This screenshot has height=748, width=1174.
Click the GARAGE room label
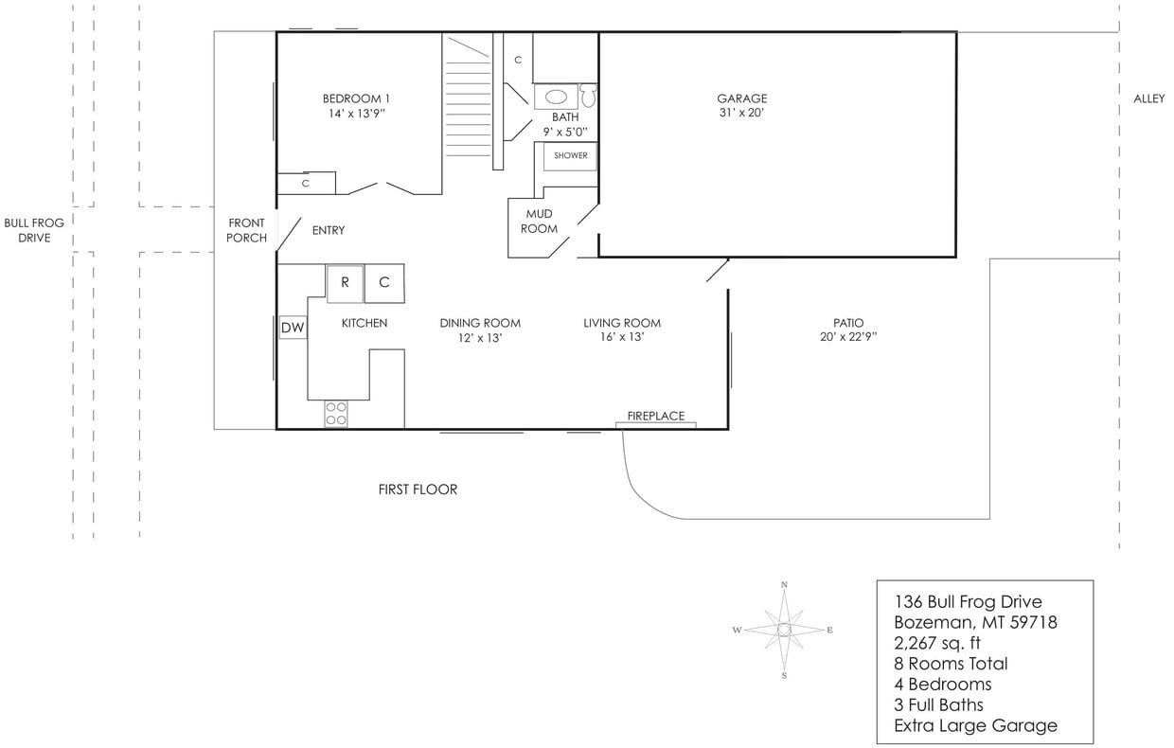(741, 98)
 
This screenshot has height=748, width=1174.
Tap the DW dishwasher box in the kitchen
(293, 328)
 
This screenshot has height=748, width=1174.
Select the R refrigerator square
(345, 282)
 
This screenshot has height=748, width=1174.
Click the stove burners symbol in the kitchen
(336, 413)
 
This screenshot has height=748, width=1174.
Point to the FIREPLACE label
(656, 417)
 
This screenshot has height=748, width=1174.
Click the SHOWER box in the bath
(570, 155)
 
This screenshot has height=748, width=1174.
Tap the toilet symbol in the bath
(589, 96)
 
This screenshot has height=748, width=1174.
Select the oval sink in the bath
(557, 97)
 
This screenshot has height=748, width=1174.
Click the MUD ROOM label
(539, 222)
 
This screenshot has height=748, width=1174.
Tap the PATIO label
(848, 323)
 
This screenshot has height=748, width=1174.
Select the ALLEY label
(1148, 98)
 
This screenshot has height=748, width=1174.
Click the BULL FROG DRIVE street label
(34, 230)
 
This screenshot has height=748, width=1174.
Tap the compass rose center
(784, 630)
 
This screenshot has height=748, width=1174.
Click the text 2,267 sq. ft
(937, 643)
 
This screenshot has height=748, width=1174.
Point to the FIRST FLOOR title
(418, 490)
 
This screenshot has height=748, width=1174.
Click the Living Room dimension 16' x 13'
(622, 337)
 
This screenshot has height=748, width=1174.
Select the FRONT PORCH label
(246, 230)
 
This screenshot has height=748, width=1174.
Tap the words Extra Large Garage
(975, 726)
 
